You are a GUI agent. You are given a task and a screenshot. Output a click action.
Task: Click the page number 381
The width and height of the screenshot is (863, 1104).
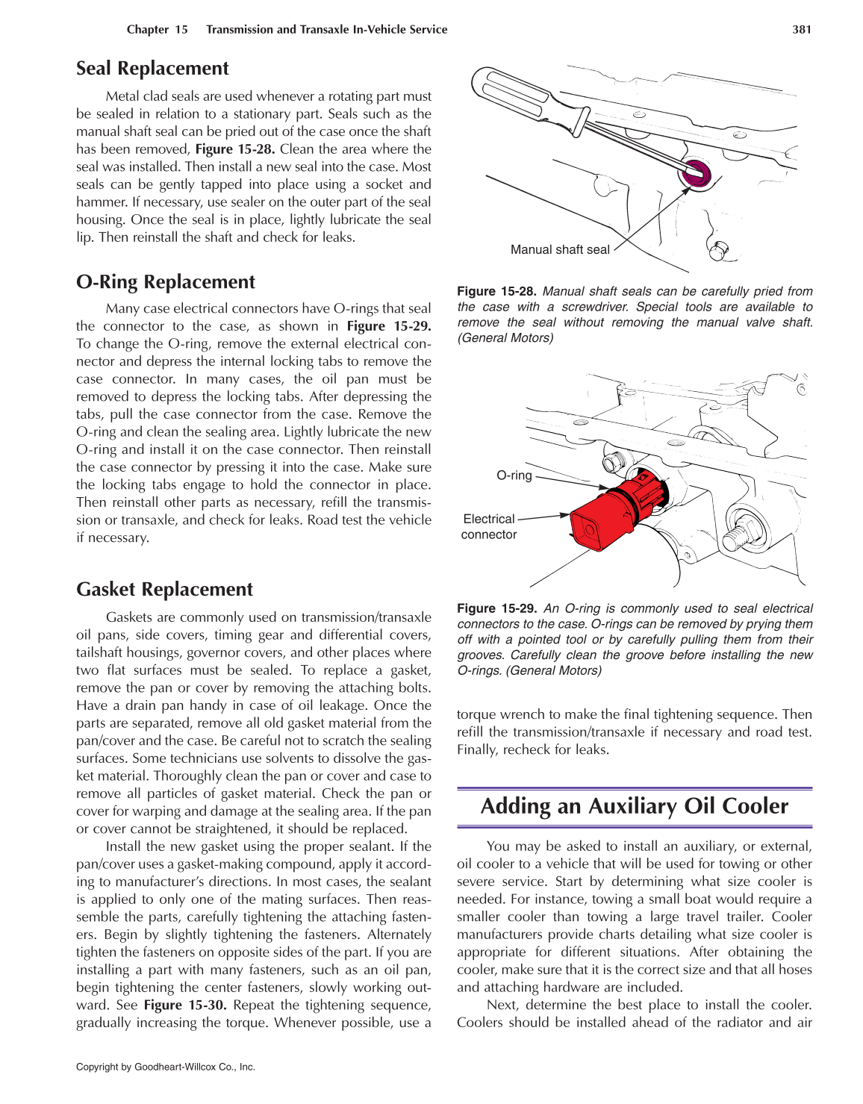[801, 30]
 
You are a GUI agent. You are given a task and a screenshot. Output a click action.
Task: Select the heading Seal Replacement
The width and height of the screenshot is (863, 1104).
[152, 69]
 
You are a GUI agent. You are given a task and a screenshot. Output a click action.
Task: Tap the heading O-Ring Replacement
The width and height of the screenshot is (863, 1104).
[165, 282]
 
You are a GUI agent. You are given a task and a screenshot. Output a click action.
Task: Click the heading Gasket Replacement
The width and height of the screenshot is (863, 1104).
[164, 590]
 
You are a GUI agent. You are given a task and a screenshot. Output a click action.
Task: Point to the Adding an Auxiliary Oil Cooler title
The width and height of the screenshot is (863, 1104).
[634, 807]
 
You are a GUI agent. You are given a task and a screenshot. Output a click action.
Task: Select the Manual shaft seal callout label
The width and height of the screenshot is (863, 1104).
[559, 250]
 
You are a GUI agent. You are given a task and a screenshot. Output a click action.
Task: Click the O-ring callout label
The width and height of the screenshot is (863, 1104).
[514, 475]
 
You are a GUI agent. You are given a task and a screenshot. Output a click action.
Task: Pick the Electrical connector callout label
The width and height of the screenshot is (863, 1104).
[489, 527]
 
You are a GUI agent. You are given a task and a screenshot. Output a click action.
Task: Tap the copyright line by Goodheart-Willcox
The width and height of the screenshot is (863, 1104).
[166, 1067]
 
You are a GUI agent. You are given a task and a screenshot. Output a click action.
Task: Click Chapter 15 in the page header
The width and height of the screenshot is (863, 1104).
[157, 30]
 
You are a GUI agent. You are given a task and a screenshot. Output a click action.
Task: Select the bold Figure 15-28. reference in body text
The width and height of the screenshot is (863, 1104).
[235, 149]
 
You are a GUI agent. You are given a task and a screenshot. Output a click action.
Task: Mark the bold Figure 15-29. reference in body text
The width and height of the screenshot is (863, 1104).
[388, 326]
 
